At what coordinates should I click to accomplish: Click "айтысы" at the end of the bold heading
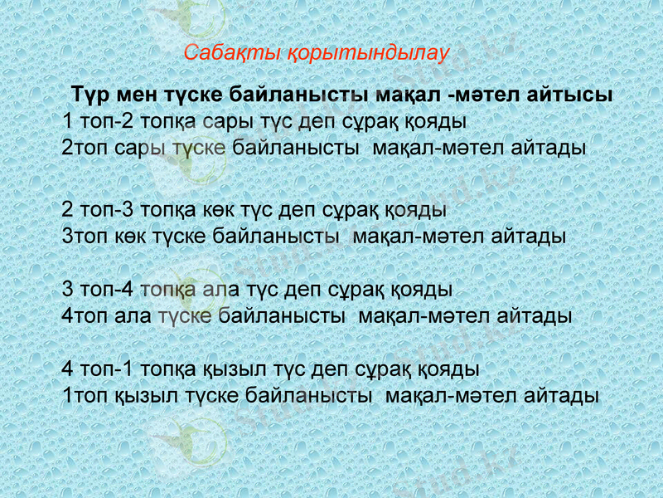(575, 95)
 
